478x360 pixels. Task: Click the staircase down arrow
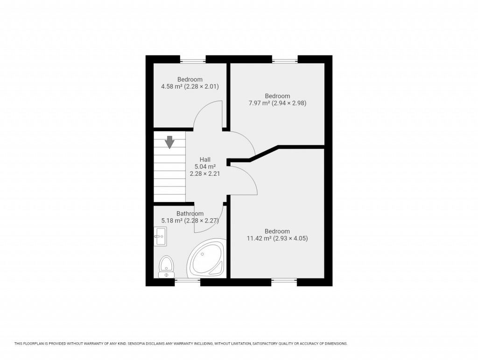click(x=169, y=142)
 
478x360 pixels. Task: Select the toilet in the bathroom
click(x=166, y=266)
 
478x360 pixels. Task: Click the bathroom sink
click(x=160, y=236)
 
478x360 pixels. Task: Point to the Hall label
click(x=205, y=159)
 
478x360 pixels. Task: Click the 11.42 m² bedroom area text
click(x=277, y=238)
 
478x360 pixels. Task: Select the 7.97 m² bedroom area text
click(x=277, y=103)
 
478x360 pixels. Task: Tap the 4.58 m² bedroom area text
click(x=190, y=86)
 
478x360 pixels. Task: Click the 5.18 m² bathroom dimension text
click(x=190, y=221)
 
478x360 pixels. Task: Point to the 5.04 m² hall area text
click(x=205, y=166)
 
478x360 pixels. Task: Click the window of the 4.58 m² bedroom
click(x=193, y=59)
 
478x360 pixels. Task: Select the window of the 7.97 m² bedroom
click(x=285, y=59)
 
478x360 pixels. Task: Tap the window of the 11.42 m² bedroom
click(x=284, y=281)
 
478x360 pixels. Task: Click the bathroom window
click(x=187, y=281)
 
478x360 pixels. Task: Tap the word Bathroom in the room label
click(x=190, y=214)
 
